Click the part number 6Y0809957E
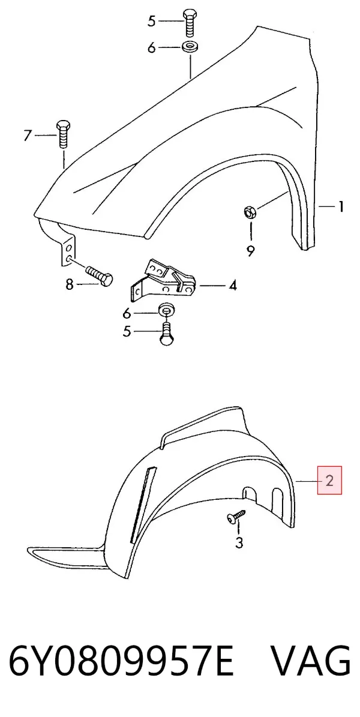pyautogui.click(x=121, y=661)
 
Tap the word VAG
pyautogui.click(x=311, y=661)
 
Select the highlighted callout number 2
pyautogui.click(x=329, y=480)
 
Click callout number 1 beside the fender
pyautogui.click(x=341, y=207)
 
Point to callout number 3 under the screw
pyautogui.click(x=239, y=543)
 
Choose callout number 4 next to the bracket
pyautogui.click(x=233, y=286)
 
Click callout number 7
pyautogui.click(x=28, y=136)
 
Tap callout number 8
pyautogui.click(x=70, y=284)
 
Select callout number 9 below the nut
pyautogui.click(x=250, y=250)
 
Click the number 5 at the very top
pyautogui.click(x=151, y=21)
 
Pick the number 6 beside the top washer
pyautogui.click(x=151, y=47)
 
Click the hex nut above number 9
pyautogui.click(x=250, y=212)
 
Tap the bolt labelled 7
pyautogui.click(x=63, y=134)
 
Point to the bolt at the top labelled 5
pyautogui.click(x=190, y=23)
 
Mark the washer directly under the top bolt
pyautogui.click(x=189, y=47)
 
